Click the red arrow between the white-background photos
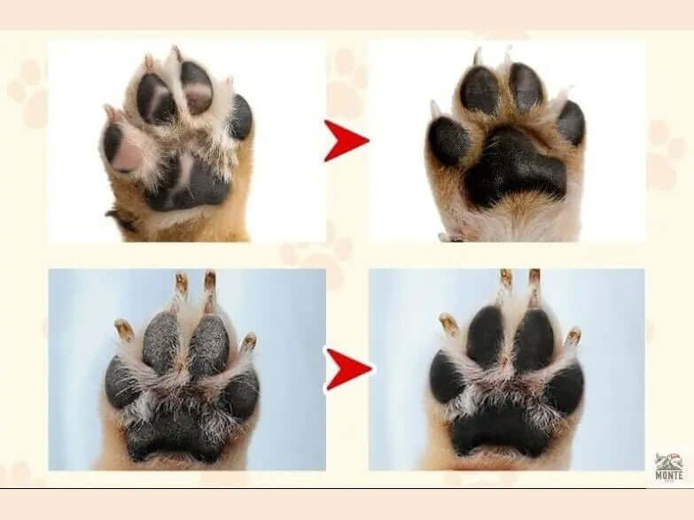coord(347,140)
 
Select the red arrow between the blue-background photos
coord(348,369)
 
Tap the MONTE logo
coord(668,467)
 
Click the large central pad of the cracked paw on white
coord(188,182)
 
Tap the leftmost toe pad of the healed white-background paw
coord(449,142)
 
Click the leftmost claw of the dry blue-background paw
coord(124,330)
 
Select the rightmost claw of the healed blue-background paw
coord(573,338)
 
